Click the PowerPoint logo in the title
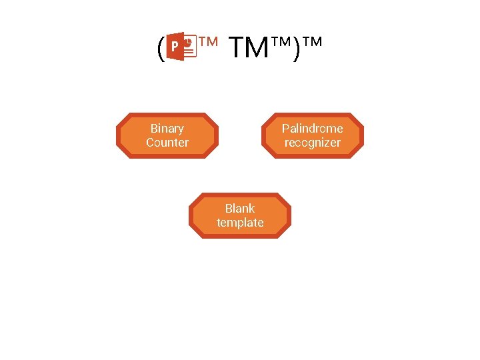tap(181, 47)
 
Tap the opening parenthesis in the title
tap(160, 49)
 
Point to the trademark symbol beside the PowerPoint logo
tap(209, 43)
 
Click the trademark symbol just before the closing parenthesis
tap(282, 43)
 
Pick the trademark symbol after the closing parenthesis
tap(312, 43)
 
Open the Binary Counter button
tap(167, 135)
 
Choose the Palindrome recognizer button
tap(313, 135)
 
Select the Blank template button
tap(240, 215)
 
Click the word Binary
tap(167, 128)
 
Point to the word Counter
tap(167, 143)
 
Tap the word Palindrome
tap(313, 128)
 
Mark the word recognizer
tap(313, 143)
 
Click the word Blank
tap(240, 208)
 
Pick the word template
tap(240, 223)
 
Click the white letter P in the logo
tap(175, 47)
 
